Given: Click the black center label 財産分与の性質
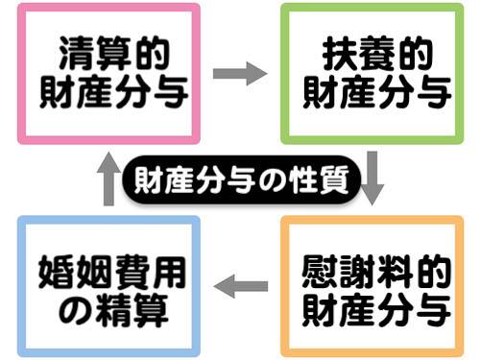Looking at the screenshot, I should [x=239, y=180].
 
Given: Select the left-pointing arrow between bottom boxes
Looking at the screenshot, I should [x=240, y=284].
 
